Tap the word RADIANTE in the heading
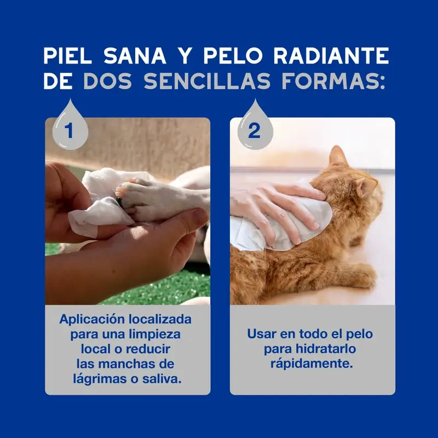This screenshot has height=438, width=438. [332, 56]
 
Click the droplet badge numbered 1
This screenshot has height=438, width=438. [69, 128]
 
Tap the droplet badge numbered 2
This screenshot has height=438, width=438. [254, 128]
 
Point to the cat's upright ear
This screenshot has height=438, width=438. [338, 157]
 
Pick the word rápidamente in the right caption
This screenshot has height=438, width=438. [312, 364]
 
